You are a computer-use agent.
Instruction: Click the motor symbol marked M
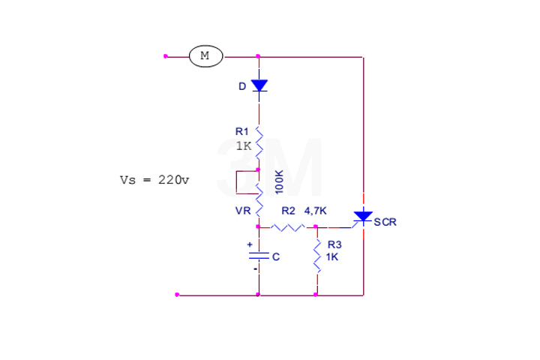click(x=205, y=55)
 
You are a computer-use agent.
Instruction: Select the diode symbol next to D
click(x=259, y=85)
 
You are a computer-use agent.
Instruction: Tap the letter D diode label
click(x=241, y=86)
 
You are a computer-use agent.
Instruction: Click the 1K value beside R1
click(x=243, y=146)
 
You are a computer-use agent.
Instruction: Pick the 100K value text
click(x=279, y=182)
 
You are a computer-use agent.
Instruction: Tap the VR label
click(x=243, y=211)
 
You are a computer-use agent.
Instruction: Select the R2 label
click(x=289, y=211)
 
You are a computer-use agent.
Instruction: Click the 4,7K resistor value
click(x=315, y=211)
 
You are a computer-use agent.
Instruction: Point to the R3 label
click(x=334, y=244)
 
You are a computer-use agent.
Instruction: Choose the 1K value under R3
click(x=332, y=256)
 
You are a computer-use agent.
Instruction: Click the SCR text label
click(x=385, y=222)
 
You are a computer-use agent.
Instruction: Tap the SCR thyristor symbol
click(x=363, y=217)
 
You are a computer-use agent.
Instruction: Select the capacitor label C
click(x=275, y=256)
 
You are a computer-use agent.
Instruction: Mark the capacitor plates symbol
click(x=259, y=256)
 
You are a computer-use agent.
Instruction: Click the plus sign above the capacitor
click(x=250, y=244)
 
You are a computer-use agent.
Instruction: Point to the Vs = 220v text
click(x=154, y=180)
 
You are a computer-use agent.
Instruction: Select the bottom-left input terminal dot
click(x=177, y=295)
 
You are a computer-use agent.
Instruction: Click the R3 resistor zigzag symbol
click(x=317, y=254)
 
